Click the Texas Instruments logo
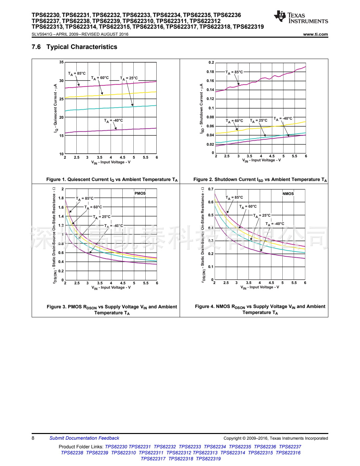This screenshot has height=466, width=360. [x=301, y=17]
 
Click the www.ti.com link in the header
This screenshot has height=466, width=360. [x=315, y=34]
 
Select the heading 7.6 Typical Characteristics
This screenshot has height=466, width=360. [x=74, y=47]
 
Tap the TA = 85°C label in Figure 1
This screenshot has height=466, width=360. [x=77, y=74]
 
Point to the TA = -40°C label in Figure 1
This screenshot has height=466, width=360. [x=113, y=121]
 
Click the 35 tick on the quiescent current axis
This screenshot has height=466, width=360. [x=61, y=62]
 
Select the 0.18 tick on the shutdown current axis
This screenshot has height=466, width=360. [x=210, y=72]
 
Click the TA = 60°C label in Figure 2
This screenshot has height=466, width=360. [x=234, y=121]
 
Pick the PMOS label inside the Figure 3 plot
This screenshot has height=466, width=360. [x=140, y=193]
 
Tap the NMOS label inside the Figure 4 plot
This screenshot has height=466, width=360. [x=288, y=194]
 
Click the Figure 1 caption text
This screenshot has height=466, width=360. [x=112, y=180]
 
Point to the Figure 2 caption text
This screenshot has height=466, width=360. [x=260, y=180]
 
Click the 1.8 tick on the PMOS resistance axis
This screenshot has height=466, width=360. [x=61, y=198]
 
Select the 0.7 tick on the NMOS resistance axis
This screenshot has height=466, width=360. [x=211, y=189]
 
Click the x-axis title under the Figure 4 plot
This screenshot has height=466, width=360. [x=260, y=287]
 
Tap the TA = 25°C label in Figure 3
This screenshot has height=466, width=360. [x=102, y=217]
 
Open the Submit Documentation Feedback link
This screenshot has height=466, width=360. [x=84, y=438]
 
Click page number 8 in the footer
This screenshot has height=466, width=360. [x=33, y=438]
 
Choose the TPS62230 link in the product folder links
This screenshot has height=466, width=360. [x=116, y=447]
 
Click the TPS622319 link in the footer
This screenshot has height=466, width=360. [x=208, y=459]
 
